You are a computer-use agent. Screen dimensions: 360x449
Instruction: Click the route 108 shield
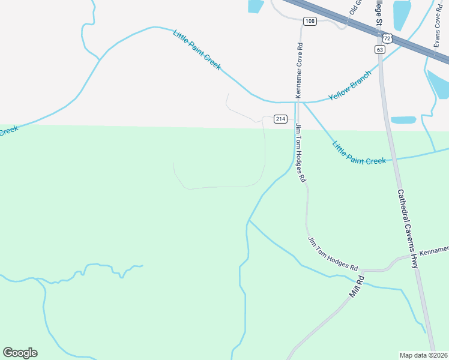[x=310, y=22]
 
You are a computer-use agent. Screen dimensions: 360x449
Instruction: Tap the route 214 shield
[x=280, y=119]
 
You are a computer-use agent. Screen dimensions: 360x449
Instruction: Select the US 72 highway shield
[x=388, y=38]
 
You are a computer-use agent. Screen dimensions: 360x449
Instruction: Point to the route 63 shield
[x=379, y=49]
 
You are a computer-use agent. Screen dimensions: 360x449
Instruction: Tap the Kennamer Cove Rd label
[x=298, y=70]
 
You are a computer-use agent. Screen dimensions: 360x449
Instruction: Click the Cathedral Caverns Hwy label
[x=407, y=229]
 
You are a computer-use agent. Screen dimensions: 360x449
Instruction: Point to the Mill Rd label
[x=357, y=287]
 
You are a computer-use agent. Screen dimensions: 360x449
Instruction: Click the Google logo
[x=20, y=353]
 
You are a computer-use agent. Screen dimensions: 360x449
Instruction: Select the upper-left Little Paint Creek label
[x=197, y=49]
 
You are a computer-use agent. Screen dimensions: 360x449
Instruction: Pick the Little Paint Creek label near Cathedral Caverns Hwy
[x=359, y=153]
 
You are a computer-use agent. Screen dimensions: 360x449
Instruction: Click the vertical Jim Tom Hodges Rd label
[x=300, y=152]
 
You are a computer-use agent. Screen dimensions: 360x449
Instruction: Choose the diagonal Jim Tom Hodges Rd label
[x=333, y=253]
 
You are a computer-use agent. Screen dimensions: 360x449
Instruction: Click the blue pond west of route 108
[x=255, y=6]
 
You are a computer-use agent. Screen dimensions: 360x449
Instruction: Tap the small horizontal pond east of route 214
[x=402, y=120]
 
